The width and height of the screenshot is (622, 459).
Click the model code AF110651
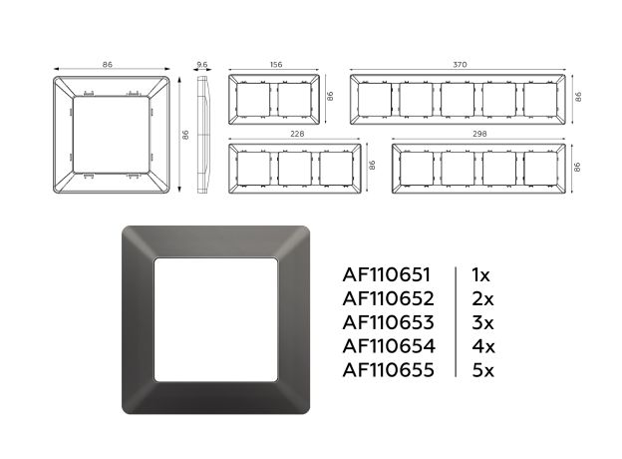click(387, 274)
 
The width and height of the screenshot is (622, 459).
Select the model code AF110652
click(389, 298)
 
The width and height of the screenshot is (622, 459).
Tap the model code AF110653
click(389, 322)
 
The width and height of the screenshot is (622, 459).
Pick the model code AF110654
click(389, 346)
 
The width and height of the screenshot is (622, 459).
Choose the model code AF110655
click(389, 370)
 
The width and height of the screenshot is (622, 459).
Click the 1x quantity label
click(480, 274)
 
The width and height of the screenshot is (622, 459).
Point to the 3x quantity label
click(482, 322)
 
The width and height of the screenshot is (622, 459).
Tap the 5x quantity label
click(483, 370)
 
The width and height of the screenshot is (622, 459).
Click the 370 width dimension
click(460, 64)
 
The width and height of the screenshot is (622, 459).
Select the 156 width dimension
click(276, 64)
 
